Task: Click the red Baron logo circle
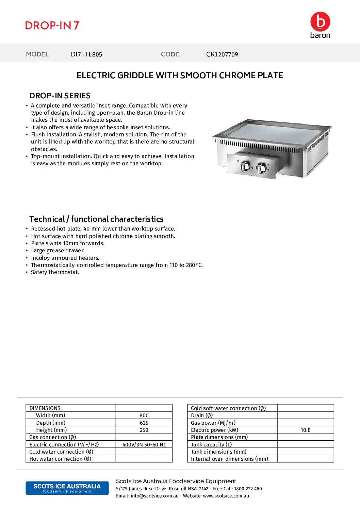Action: (320, 22)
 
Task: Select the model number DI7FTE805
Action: (86, 54)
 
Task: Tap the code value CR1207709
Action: (222, 54)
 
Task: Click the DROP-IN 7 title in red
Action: (52, 26)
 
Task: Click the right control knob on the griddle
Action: (261, 168)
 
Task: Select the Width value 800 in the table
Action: (144, 415)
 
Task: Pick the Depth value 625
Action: (144, 423)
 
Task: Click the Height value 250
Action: (144, 430)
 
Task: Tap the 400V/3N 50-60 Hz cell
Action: (144, 445)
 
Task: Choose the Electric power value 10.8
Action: (306, 430)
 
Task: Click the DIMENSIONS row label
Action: (45, 408)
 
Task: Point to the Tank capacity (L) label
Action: (211, 445)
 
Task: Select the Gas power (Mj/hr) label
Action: (213, 423)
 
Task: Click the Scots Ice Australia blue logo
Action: (67, 488)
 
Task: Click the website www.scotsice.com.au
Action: (226, 496)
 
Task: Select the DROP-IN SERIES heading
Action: (60, 96)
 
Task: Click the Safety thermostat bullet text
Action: (55, 272)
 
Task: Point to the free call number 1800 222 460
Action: (248, 489)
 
